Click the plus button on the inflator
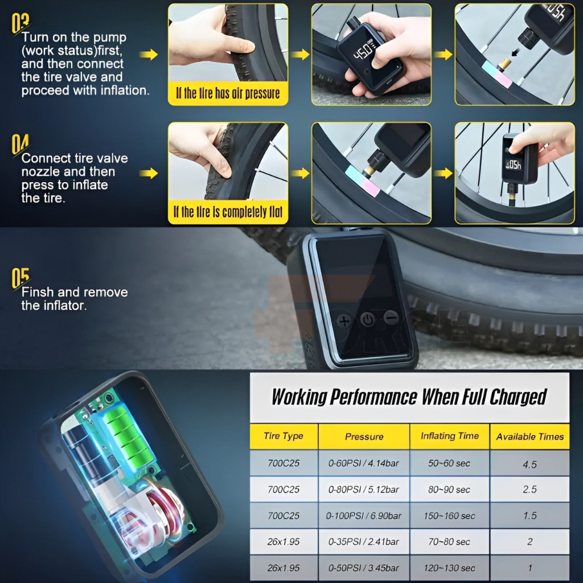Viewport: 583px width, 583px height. pos(344,321)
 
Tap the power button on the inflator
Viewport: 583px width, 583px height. pos(368,319)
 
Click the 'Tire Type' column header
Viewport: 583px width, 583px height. pos(284,436)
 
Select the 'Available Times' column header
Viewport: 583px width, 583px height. pos(530,437)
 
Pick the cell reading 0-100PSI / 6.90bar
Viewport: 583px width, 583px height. pos(364,516)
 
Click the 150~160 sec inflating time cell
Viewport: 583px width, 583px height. pos(450,516)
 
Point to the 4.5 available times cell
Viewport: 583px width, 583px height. pos(530,464)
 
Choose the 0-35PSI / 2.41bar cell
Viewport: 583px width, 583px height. pos(364,542)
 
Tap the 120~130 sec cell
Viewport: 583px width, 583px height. pos(450,568)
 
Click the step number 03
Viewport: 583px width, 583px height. pos(20,23)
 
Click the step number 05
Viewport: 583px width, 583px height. pos(20,278)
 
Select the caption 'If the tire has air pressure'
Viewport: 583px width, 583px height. pos(228,93)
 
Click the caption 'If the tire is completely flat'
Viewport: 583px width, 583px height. pos(228,212)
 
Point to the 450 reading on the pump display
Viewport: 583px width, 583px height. pos(363,51)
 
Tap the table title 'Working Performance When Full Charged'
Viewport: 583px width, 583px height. pos(409,397)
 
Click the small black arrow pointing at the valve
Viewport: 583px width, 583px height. pos(515,53)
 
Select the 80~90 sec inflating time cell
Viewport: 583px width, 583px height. pos(450,489)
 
